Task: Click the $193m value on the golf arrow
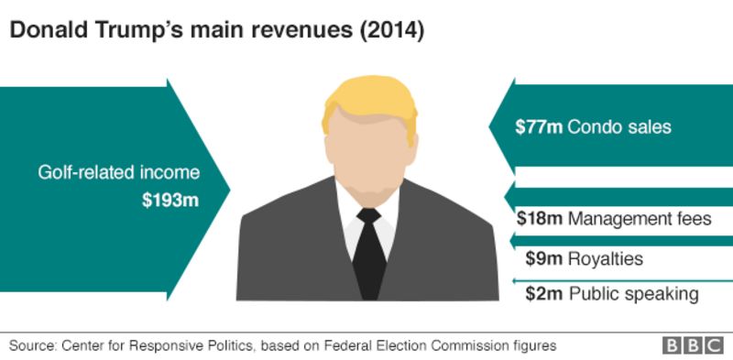pyautogui.click(x=170, y=200)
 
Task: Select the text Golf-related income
pyautogui.click(x=118, y=172)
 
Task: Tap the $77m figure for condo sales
pyautogui.click(x=539, y=127)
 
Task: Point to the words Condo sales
pyautogui.click(x=619, y=127)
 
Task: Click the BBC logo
pyautogui.click(x=694, y=345)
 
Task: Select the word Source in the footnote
pyautogui.click(x=32, y=345)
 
